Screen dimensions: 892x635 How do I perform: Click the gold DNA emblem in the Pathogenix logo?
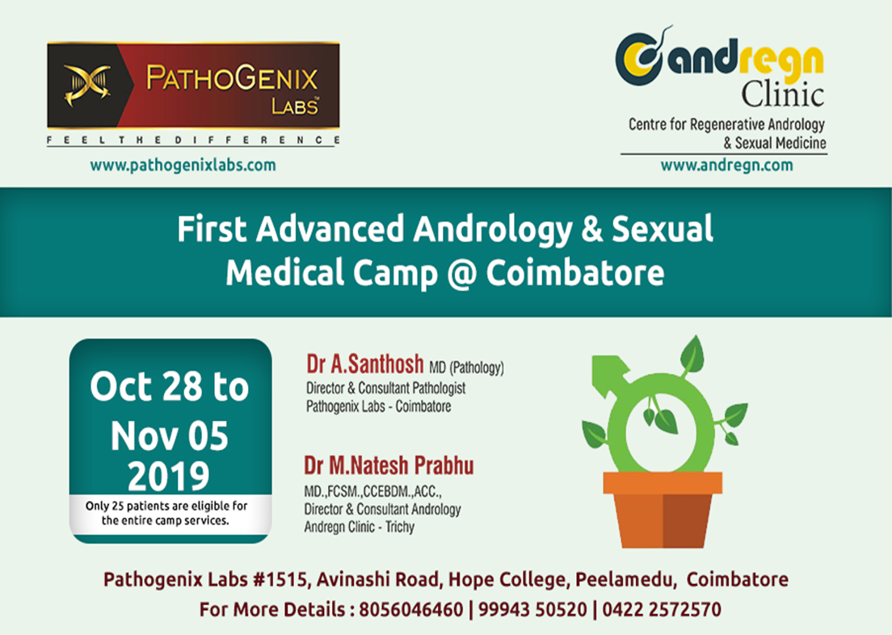click(x=87, y=86)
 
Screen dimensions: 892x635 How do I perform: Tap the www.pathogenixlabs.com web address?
click(x=183, y=166)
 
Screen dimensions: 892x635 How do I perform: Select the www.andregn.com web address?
click(x=726, y=166)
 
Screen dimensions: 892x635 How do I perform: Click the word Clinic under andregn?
click(x=782, y=94)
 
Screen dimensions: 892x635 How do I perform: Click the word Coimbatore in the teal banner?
click(x=575, y=273)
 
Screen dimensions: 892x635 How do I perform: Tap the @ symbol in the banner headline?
click(x=462, y=274)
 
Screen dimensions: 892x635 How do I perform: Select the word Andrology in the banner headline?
click(x=493, y=230)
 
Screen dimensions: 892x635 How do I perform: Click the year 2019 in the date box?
click(x=168, y=476)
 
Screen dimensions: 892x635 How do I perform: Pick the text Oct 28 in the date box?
click(x=146, y=387)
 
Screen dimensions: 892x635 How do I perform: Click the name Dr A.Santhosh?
click(x=365, y=364)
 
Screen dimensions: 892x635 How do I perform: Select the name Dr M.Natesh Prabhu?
click(x=389, y=465)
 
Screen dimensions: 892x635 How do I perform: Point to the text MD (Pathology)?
click(x=466, y=368)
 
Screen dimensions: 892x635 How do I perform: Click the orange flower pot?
click(x=663, y=510)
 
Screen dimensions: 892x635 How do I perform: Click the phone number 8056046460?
click(x=411, y=609)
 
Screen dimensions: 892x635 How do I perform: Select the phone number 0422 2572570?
click(x=662, y=609)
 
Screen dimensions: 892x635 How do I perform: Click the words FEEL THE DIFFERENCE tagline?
click(x=193, y=140)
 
